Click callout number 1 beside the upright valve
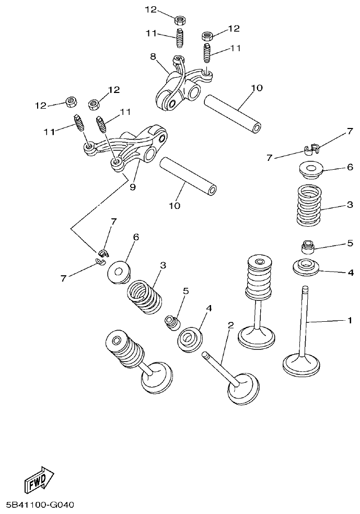pyautogui.click(x=350, y=320)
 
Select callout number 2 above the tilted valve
pyautogui.click(x=230, y=325)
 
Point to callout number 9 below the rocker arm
pyautogui.click(x=132, y=186)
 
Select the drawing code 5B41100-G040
pyautogui.click(x=41, y=505)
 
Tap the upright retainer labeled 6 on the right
pyautogui.click(x=311, y=170)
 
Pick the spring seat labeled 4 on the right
pyautogui.click(x=306, y=267)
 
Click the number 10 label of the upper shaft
pyautogui.click(x=256, y=88)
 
